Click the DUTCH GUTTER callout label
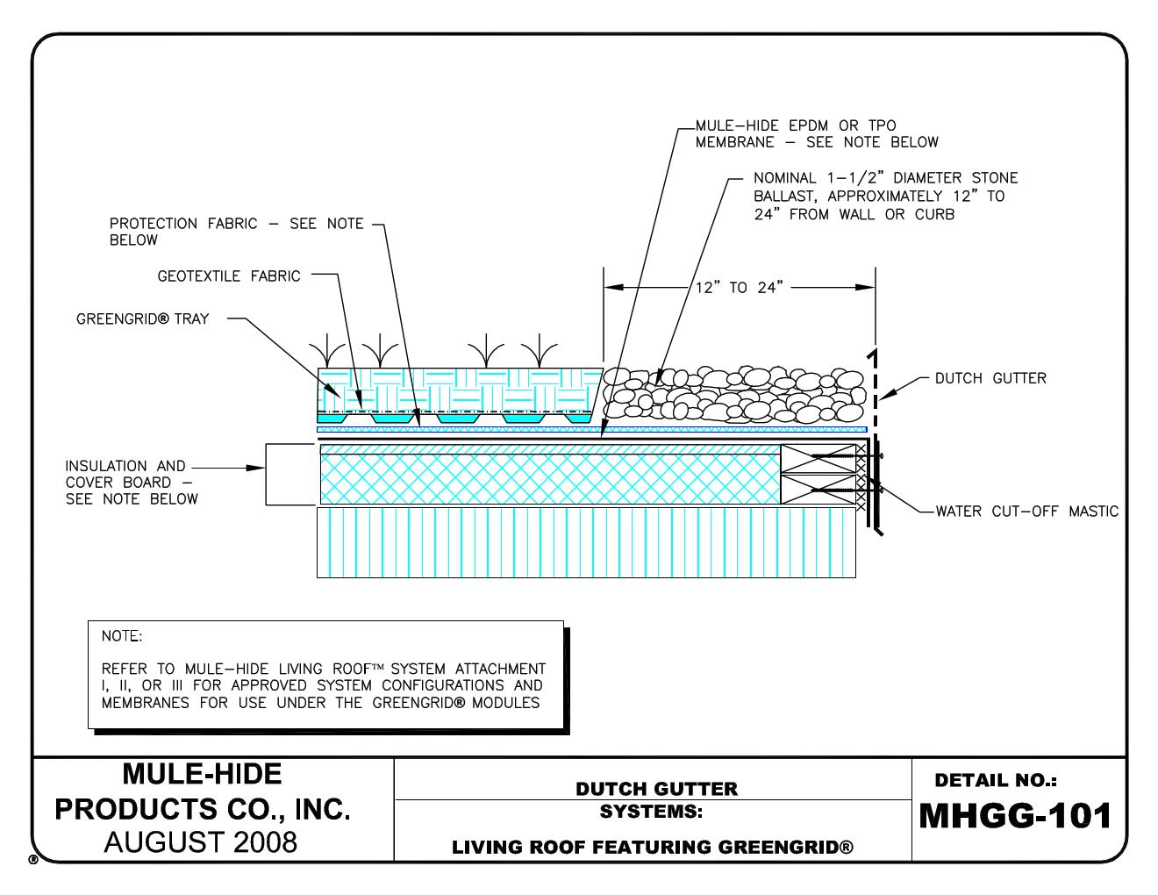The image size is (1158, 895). [x=990, y=378]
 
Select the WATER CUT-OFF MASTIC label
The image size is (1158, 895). [x=1026, y=511]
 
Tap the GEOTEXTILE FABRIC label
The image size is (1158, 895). [x=228, y=276]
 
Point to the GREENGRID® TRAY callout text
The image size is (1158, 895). [x=142, y=319]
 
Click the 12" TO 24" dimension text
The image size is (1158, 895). [x=739, y=287]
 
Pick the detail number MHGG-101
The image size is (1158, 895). [x=1015, y=816]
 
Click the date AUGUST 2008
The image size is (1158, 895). [x=201, y=842]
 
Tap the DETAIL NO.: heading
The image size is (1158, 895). [x=996, y=780]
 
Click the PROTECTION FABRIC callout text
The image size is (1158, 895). [x=236, y=232]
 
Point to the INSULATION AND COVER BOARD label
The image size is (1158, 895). [x=131, y=482]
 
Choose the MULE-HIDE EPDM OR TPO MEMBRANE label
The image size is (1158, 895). [x=816, y=133]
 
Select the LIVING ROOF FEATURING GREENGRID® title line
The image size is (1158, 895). [x=652, y=847]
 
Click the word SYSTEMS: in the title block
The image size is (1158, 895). [x=651, y=812]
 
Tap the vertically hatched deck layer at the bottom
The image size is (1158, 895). [x=585, y=542]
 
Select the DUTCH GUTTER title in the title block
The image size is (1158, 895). [x=656, y=788]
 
